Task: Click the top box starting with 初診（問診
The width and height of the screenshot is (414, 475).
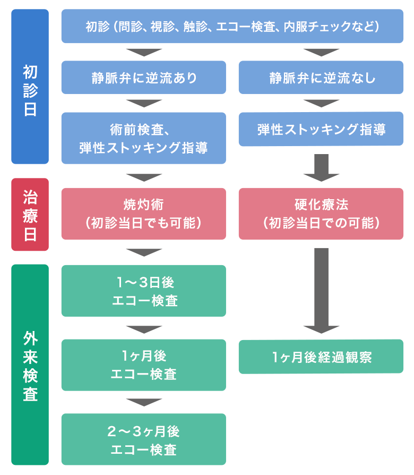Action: click(x=232, y=26)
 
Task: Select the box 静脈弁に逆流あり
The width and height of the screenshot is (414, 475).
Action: click(x=143, y=78)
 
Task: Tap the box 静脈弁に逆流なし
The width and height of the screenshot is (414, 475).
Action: click(x=321, y=78)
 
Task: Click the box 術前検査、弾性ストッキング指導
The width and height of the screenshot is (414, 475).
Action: click(x=143, y=138)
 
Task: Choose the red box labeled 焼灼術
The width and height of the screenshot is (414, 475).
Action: click(x=143, y=214)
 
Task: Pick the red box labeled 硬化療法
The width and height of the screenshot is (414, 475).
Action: click(x=321, y=214)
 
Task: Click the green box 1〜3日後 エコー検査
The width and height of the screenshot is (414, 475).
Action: click(x=143, y=291)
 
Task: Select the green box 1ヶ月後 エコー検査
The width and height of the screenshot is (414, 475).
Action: click(x=143, y=365)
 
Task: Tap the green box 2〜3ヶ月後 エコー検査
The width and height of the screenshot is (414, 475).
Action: click(x=143, y=439)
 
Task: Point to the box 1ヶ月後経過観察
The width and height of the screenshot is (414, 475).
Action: click(x=321, y=357)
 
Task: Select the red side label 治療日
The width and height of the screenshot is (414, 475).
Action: click(x=30, y=215)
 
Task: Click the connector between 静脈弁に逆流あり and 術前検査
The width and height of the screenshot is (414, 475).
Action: click(x=144, y=103)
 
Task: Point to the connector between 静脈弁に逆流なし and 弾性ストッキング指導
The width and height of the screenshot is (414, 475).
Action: click(x=321, y=103)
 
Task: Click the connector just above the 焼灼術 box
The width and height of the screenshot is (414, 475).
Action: click(x=144, y=177)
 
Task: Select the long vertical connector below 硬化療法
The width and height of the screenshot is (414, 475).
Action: click(x=321, y=287)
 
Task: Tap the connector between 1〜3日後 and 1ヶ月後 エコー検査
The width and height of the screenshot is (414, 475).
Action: click(x=144, y=329)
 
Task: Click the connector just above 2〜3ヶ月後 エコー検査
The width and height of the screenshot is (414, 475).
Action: click(x=144, y=402)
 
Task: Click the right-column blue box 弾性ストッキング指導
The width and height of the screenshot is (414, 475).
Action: click(x=321, y=129)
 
